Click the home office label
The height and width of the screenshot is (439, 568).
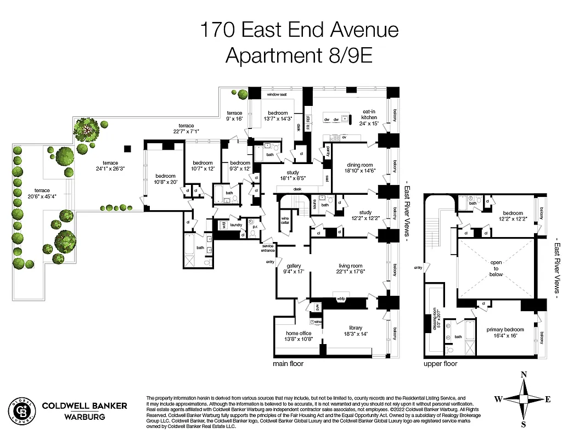(x=299, y=333)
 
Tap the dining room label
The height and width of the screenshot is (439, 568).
(x=359, y=165)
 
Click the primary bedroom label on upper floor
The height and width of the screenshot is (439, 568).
(x=505, y=330)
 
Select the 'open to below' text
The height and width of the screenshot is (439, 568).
(x=496, y=268)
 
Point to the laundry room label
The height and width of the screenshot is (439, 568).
(x=236, y=225)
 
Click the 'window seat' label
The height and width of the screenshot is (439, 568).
(x=277, y=95)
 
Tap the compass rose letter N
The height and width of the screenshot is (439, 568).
(x=524, y=375)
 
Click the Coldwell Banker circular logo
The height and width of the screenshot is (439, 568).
(x=21, y=410)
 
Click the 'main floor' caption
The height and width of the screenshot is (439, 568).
(x=288, y=363)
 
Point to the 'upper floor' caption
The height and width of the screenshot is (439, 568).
(x=441, y=363)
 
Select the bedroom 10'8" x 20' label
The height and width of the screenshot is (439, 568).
(x=164, y=178)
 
